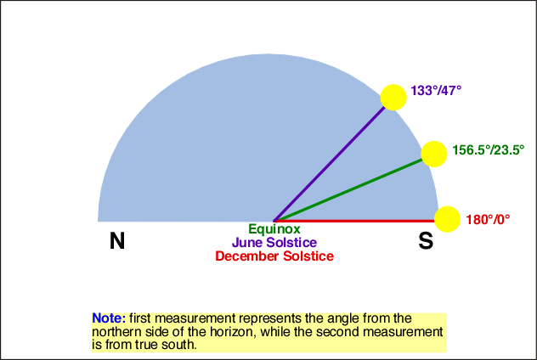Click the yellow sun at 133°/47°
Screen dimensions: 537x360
tap(393, 98)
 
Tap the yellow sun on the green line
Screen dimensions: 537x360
tap(434, 154)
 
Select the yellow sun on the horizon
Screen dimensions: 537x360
tap(447, 219)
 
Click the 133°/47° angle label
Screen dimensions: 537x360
tap(436, 91)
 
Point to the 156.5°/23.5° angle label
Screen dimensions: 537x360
tap(489, 150)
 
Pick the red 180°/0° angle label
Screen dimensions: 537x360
tap(488, 219)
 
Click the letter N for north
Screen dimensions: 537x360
tap(117, 240)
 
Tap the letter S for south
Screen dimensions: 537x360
tap(426, 240)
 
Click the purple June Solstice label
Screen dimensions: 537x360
tap(274, 242)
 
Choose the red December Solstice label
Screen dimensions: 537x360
tap(274, 256)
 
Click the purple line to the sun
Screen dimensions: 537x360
tap(330, 164)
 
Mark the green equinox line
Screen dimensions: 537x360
tap(348, 190)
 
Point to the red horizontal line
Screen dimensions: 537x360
tap(354, 221)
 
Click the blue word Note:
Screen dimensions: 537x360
tap(109, 318)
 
